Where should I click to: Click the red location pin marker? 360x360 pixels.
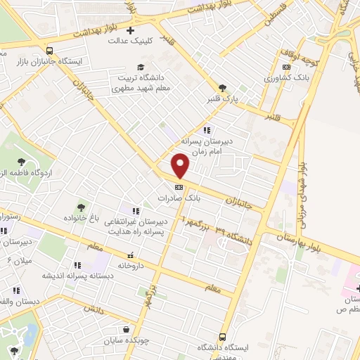coord(181,166)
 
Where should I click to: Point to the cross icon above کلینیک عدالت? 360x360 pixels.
coord(130,29)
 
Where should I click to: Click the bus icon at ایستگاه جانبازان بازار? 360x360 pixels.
coord(49,51)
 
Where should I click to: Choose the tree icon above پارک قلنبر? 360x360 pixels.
coord(222,88)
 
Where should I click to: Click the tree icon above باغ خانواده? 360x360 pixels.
coord(83,207)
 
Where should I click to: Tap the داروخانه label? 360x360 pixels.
coord(131,266)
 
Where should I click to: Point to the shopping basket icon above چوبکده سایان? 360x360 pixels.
coord(126,329)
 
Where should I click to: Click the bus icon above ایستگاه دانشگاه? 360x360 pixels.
coord(222,336)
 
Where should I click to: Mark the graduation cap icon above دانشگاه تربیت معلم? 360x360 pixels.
coord(141,67)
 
